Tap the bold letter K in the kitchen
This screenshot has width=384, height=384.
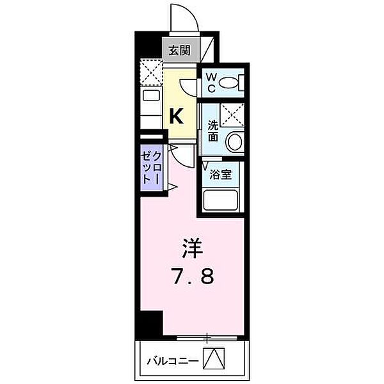pos(177,116)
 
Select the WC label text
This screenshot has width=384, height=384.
pos(211,81)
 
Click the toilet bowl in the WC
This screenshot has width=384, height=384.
pos(236,83)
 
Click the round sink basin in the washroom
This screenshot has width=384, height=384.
pos(235,141)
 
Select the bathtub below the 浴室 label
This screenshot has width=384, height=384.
pos(221,200)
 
